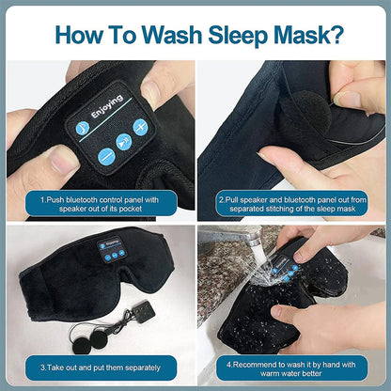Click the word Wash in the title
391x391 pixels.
click(164, 33)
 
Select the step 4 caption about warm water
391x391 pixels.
click(292, 367)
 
